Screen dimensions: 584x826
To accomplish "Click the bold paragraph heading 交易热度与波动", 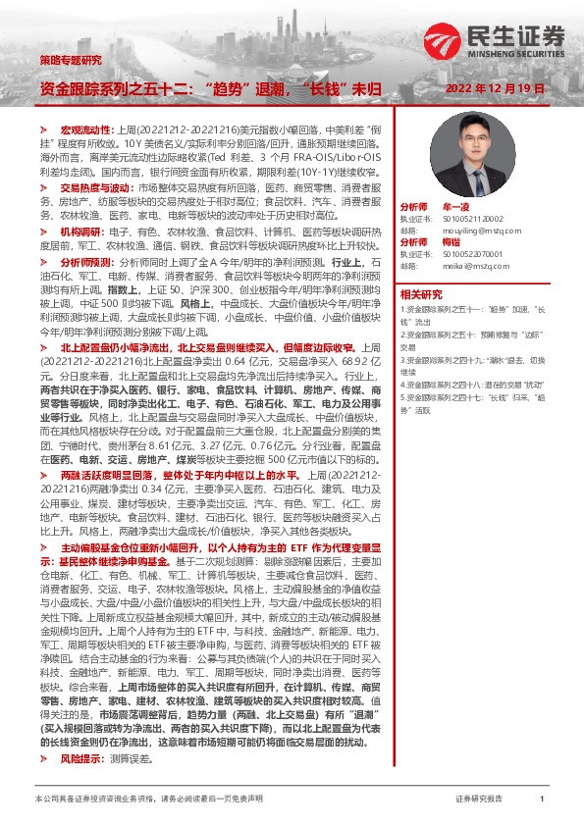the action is [x=93, y=185].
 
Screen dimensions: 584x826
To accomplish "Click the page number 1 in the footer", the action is [x=541, y=800].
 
